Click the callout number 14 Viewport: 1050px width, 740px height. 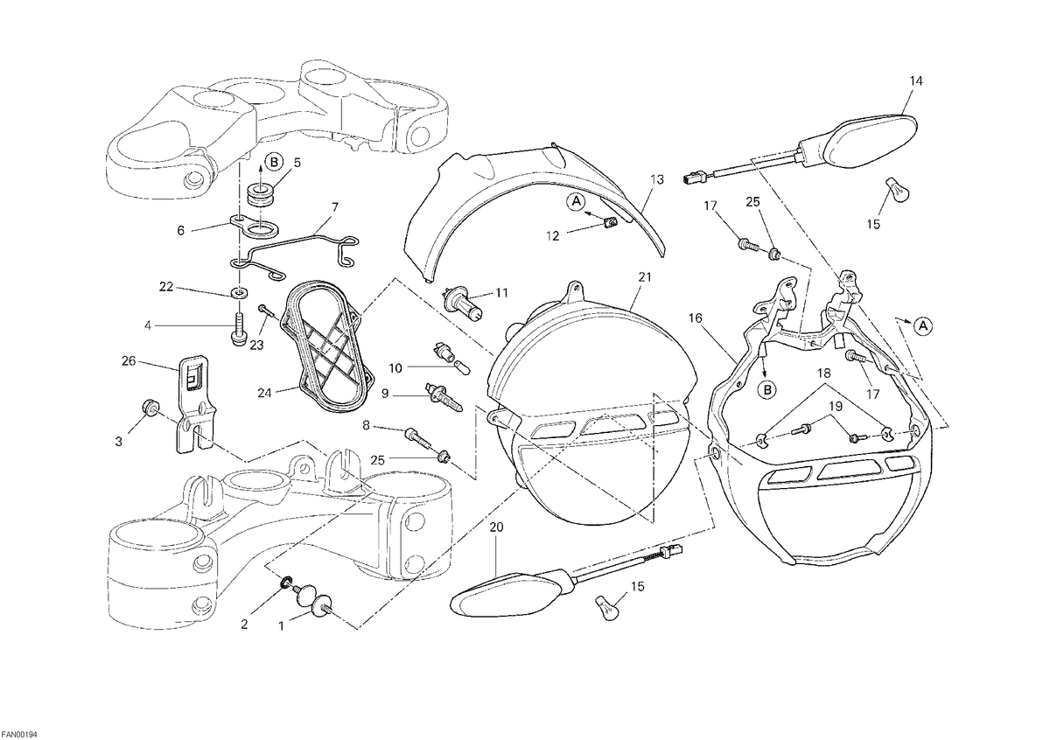pos(916,81)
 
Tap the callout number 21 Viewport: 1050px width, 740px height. pos(645,277)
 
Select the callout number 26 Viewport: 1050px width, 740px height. pos(129,361)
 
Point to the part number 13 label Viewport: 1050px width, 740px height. pos(657,179)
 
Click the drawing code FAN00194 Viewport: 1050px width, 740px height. pos(18,734)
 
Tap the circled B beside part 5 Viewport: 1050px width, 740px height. pos(274,162)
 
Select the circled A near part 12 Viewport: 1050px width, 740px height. pos(576,201)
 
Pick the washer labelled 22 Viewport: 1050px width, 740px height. pos(240,294)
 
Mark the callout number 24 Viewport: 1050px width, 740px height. pos(264,393)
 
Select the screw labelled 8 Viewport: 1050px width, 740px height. pos(417,436)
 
